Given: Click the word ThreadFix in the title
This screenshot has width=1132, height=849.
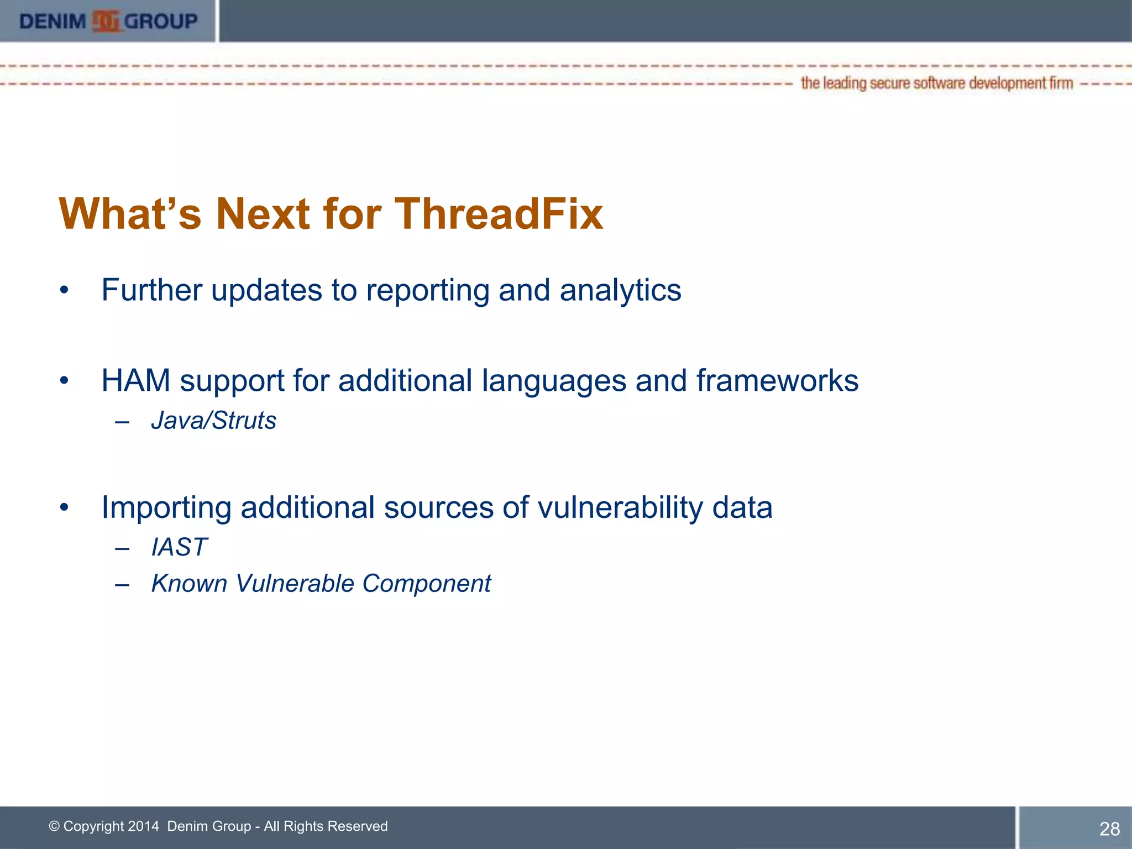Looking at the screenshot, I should pyautogui.click(x=499, y=213).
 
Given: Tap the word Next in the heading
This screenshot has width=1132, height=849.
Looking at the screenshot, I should pyautogui.click(x=263, y=213).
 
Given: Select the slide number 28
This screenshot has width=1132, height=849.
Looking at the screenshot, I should pyautogui.click(x=1109, y=829).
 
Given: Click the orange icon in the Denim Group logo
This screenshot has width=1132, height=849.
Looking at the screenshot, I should pyautogui.click(x=106, y=22).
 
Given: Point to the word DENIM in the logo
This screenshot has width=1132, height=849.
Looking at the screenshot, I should pyautogui.click(x=53, y=22).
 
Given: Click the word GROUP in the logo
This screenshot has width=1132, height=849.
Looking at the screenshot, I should pyautogui.click(x=161, y=22).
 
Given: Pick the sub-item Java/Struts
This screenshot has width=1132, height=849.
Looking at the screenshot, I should pyautogui.click(x=213, y=421).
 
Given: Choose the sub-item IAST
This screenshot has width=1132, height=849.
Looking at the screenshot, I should pyautogui.click(x=179, y=547).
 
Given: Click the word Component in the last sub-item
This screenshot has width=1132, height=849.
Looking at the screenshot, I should pyautogui.click(x=426, y=584).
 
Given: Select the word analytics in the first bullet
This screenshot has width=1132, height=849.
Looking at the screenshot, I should pyautogui.click(x=620, y=290).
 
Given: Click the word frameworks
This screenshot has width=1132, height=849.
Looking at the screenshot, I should pyautogui.click(x=777, y=381).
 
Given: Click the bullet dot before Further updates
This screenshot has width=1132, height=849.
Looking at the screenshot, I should pyautogui.click(x=65, y=290).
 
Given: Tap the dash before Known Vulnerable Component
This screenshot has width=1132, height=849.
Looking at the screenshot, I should pyautogui.click(x=122, y=584).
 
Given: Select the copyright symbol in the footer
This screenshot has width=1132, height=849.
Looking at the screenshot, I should pyautogui.click(x=54, y=826).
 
